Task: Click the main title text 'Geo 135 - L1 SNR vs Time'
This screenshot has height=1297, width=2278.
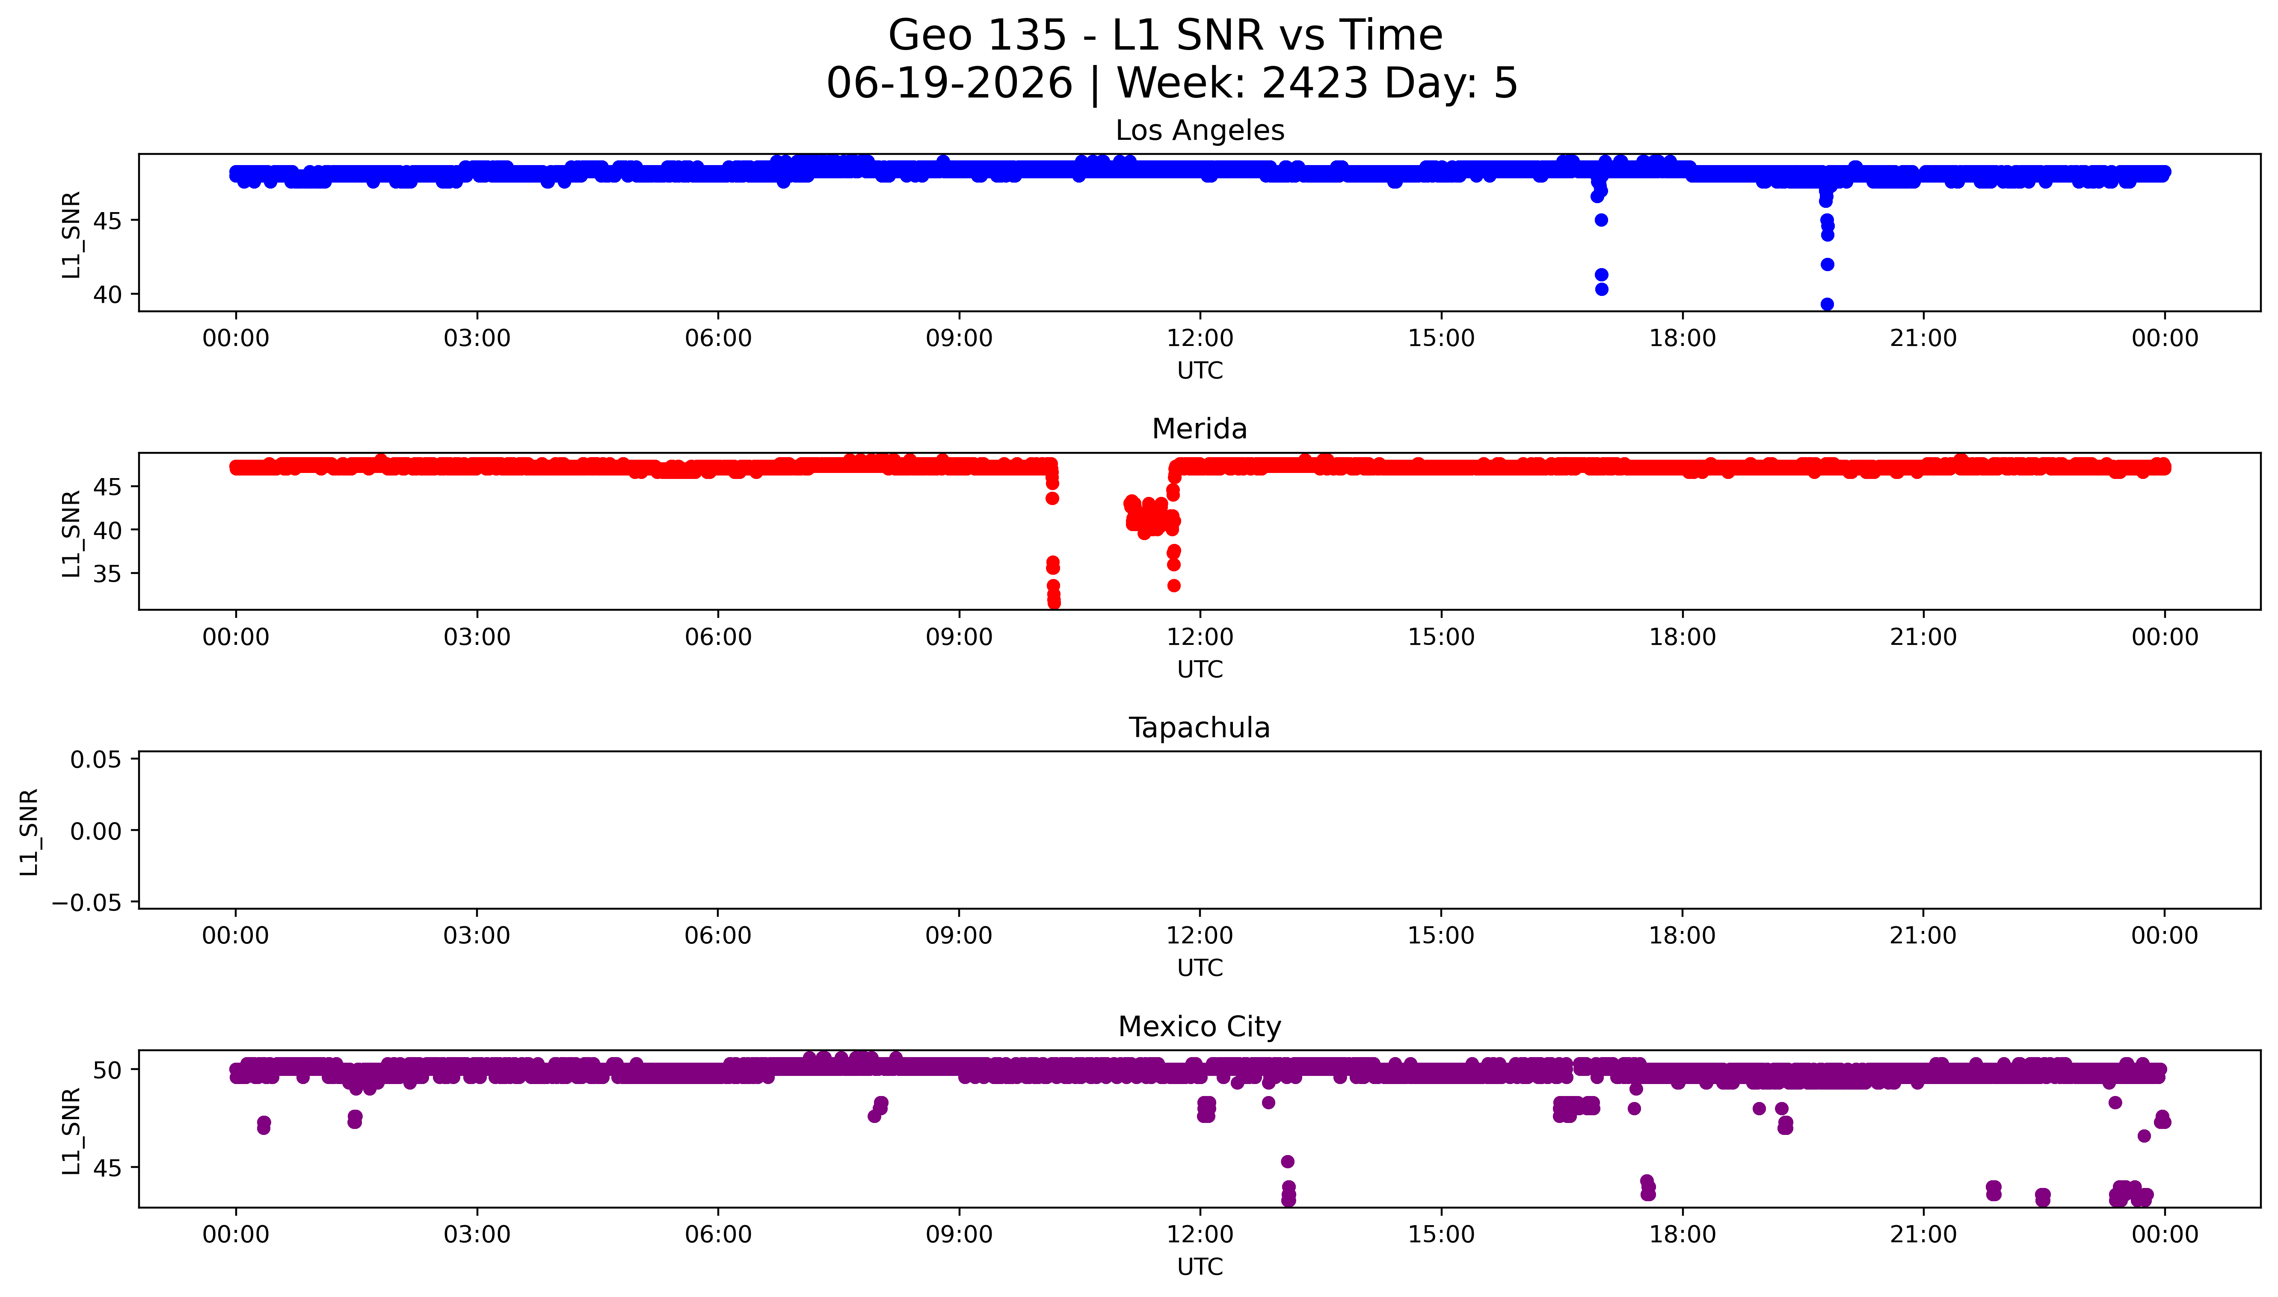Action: tap(1165, 35)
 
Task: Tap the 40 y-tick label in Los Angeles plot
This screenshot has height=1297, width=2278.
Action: tap(108, 295)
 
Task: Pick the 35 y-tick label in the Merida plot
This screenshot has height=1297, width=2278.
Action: tap(108, 574)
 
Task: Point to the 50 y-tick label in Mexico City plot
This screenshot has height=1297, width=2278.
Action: tap(108, 1070)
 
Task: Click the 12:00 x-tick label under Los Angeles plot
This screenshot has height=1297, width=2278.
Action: tap(1200, 339)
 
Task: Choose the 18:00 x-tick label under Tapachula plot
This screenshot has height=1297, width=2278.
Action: tap(1682, 935)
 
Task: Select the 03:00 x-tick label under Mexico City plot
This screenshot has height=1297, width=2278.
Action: tap(477, 1235)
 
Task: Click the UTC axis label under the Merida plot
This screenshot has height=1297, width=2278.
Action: tap(1200, 669)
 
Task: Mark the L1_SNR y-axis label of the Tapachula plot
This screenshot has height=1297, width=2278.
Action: tap(30, 831)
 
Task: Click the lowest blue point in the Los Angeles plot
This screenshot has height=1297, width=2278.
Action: tap(1826, 304)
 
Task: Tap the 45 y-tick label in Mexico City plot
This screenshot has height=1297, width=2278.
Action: tap(108, 1168)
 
